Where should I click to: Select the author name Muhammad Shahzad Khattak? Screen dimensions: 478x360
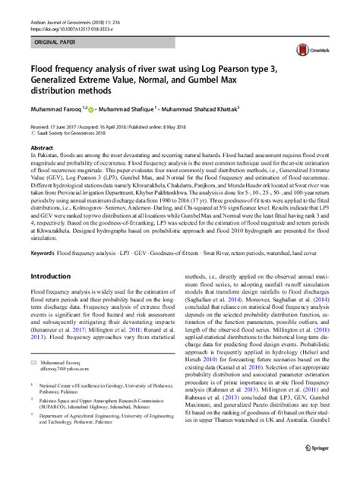[199, 108]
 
